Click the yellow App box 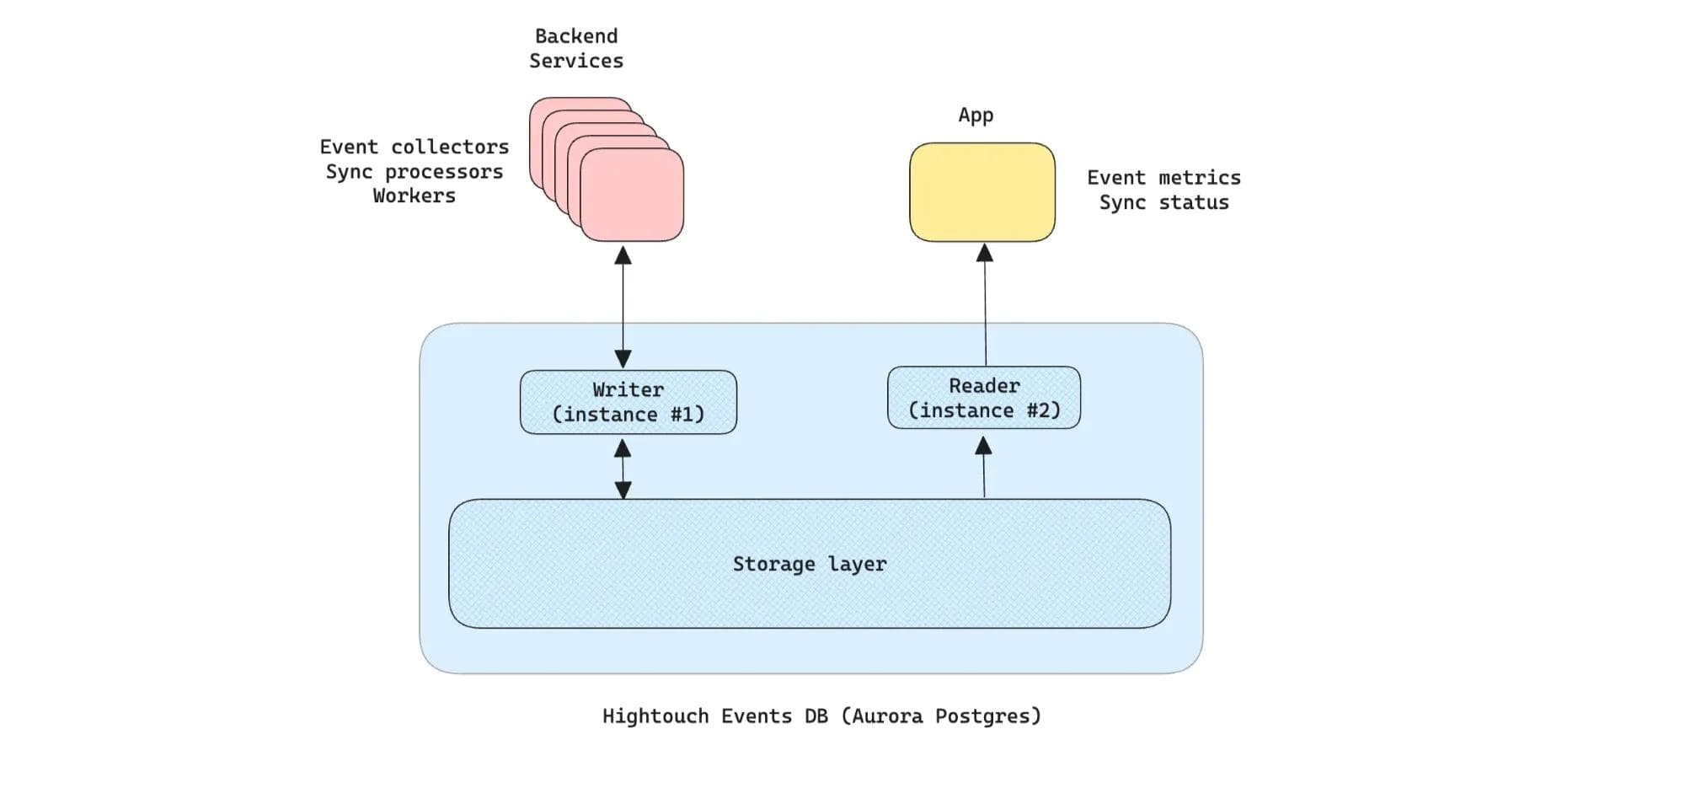coord(982,192)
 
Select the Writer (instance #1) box coord(628,402)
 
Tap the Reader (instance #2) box coord(983,398)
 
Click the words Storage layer coord(809,564)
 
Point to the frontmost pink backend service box coord(632,196)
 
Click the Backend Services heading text coord(576,49)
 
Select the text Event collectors coord(414,147)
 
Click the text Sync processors coord(414,172)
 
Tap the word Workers coord(414,196)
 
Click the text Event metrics coord(1163,178)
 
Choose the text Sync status coord(1163,202)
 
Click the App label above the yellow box coord(976,115)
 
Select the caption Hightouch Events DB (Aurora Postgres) coord(821,716)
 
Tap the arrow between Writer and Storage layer coord(623,469)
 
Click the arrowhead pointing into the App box coord(984,252)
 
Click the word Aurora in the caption coord(887,716)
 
